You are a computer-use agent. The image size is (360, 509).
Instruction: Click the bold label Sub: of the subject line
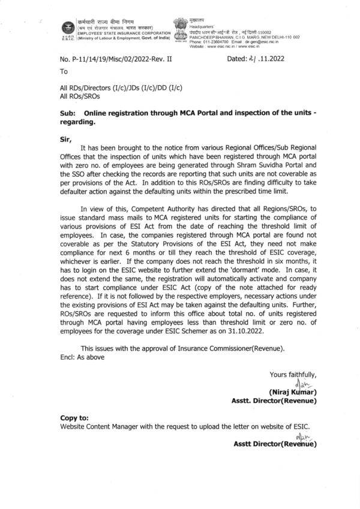point(69,113)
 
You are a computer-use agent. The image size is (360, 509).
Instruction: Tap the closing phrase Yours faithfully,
point(293,375)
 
